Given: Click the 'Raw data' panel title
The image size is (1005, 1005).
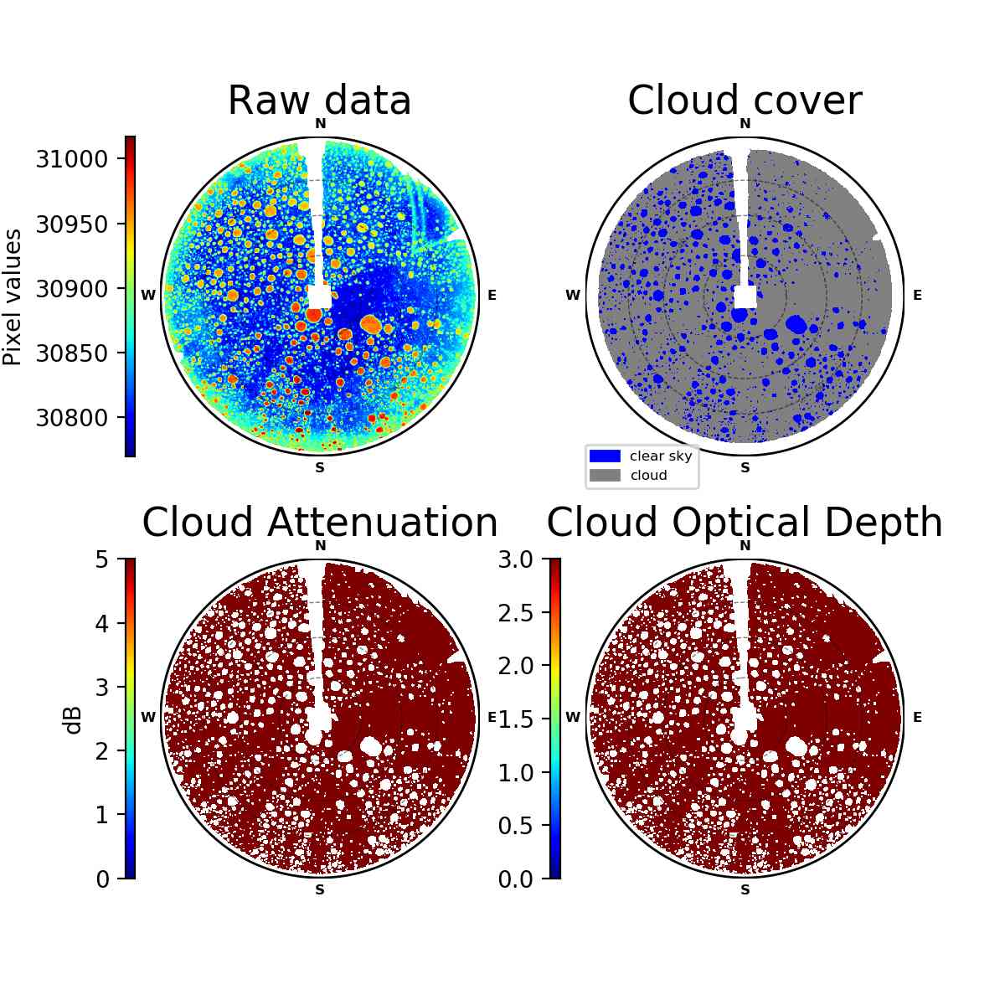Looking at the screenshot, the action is pos(319,100).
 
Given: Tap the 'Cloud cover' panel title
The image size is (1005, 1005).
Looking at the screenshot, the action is pos(745,100).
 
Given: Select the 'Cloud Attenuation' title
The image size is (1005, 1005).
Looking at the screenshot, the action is pos(320,522).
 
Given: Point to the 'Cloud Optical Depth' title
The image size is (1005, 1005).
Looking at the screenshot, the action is pos(745,523).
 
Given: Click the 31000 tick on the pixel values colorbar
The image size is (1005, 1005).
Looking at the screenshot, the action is pos(71,158).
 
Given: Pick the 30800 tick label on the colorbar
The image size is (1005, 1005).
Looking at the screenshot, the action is pos(71,418).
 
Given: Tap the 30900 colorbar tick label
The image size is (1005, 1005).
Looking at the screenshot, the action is pos(71,288).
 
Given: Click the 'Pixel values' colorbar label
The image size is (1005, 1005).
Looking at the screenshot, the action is pos(13,297).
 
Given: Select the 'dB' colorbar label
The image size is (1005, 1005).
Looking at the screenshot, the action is pos(74,721).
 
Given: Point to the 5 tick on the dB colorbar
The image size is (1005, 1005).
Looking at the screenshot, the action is pos(102,559).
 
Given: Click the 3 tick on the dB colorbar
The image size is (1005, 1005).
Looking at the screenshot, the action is pos(102,688).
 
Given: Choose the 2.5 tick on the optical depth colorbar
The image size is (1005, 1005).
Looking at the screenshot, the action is pos(516,613).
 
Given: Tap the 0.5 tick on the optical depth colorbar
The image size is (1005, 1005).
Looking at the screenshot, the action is pos(516,826).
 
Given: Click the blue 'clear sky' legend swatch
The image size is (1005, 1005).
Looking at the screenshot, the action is pos(605,456).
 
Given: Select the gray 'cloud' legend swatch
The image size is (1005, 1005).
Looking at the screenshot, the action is pos(605,475).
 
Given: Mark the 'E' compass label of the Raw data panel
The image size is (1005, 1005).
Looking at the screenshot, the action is pos(492,295).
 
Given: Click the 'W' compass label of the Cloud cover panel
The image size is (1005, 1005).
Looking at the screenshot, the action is pos(573,295).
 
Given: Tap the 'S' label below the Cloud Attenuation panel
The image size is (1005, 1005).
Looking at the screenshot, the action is pos(320,889).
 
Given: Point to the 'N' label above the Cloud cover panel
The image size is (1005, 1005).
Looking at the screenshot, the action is pos(745,123).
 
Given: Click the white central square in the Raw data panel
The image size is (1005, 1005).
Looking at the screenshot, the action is pos(320,296).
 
